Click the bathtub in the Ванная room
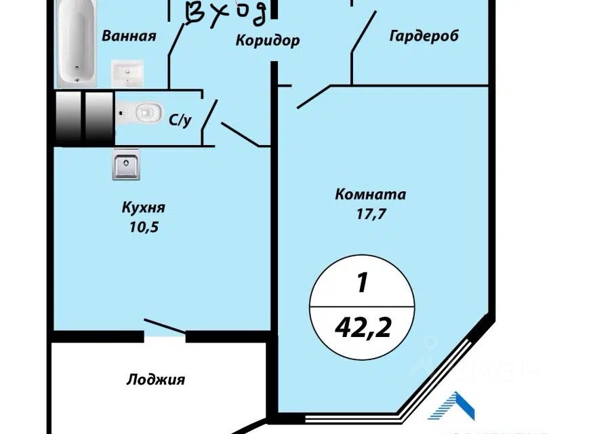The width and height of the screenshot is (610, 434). (75, 43)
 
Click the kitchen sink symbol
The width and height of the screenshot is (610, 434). (125, 165)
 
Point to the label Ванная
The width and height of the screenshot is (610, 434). (129, 36)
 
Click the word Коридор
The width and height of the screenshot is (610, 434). (268, 41)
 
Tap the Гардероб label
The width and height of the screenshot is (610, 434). (424, 36)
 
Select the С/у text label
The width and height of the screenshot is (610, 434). (179, 121)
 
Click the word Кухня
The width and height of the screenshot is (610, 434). (144, 207)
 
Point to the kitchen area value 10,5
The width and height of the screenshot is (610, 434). (144, 228)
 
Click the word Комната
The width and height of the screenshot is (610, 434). (370, 195)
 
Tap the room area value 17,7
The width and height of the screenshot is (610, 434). (370, 216)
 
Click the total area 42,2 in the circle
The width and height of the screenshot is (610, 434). (362, 328)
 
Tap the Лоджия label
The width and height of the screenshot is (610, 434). (155, 380)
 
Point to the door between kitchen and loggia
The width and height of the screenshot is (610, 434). (164, 327)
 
